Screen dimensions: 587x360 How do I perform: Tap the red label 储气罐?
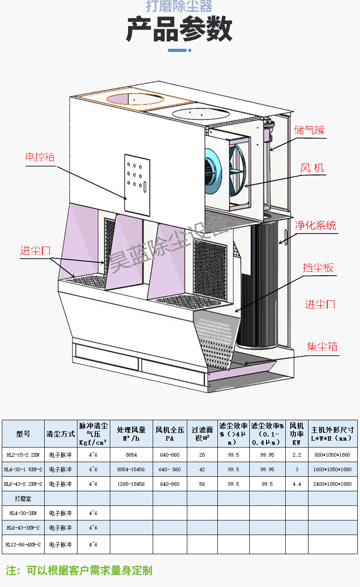point(310,130)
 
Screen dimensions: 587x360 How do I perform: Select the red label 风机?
point(313,168)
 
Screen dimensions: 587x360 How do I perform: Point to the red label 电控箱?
point(40,157)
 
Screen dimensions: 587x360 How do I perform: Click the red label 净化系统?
point(315,225)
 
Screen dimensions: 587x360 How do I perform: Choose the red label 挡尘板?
point(318,268)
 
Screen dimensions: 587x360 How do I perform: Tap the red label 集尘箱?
point(322,346)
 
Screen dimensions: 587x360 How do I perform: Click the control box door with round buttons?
point(137,185)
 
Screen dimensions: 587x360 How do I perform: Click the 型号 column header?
point(23,434)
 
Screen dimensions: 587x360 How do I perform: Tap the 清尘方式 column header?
point(61,434)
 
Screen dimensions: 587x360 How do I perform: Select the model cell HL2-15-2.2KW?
point(23,455)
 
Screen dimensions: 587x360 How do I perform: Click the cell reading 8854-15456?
point(131,469)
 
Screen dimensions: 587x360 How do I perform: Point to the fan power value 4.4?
point(297,484)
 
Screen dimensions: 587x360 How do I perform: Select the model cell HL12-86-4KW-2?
point(23,544)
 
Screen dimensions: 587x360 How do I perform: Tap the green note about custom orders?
point(79,570)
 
